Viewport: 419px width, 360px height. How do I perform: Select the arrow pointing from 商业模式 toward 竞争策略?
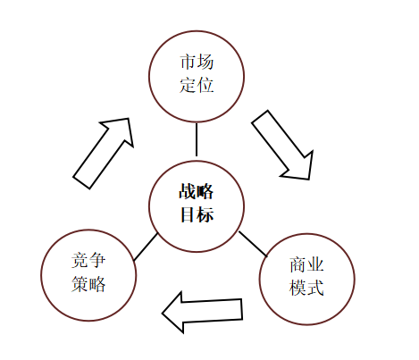click(203, 312)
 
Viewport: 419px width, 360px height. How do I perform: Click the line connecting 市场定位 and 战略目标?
click(197, 139)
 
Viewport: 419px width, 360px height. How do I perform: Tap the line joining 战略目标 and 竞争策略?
click(146, 247)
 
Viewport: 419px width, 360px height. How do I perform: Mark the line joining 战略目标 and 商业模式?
click(253, 244)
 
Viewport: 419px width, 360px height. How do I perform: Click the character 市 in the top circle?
click(188, 62)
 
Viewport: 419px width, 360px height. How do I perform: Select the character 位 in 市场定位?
click(205, 85)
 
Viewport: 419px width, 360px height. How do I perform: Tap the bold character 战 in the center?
click(188, 191)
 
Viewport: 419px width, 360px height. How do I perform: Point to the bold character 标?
click(205, 214)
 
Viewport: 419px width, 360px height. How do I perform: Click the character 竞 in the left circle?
click(80, 260)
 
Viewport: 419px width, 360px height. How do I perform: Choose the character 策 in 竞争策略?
click(80, 283)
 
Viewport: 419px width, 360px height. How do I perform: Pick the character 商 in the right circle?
click(298, 264)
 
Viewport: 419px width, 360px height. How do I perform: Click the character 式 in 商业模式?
click(315, 288)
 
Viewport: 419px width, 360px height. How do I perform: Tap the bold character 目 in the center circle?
click(188, 214)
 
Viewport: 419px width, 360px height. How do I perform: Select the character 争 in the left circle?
click(97, 260)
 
